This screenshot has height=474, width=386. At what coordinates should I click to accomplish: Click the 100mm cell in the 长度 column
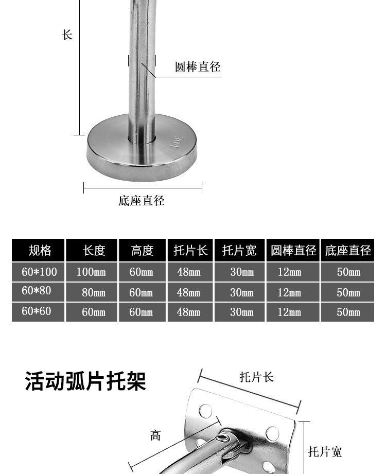tap(91, 272)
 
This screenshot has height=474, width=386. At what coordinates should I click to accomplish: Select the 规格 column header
tap(40, 251)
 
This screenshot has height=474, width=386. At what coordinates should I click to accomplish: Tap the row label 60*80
tap(37, 291)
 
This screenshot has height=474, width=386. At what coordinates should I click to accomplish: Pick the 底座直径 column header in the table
tap(348, 251)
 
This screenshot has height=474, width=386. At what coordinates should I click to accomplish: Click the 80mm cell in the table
tap(93, 292)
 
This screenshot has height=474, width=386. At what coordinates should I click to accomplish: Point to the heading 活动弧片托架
tap(86, 382)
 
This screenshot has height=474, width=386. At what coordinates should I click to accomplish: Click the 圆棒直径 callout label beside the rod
tap(198, 67)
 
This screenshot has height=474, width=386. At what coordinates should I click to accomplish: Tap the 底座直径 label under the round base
tap(142, 201)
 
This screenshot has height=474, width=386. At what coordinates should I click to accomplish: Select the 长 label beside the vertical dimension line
tap(67, 35)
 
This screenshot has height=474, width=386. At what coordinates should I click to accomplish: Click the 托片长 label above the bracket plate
tap(256, 377)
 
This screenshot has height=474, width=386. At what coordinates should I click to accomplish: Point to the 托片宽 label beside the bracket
tap(325, 452)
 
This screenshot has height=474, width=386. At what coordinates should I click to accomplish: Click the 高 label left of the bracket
tap(155, 435)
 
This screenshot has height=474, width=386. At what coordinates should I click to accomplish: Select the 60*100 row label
tap(39, 271)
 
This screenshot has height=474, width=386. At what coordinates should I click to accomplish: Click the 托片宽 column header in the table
tap(239, 251)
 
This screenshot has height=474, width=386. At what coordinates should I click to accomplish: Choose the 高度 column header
tap(142, 251)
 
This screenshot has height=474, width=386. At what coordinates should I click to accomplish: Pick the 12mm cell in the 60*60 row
tap(289, 312)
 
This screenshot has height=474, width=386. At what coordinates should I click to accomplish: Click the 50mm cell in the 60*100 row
tap(348, 272)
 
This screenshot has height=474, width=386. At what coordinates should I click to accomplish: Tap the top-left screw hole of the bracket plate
tap(205, 410)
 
